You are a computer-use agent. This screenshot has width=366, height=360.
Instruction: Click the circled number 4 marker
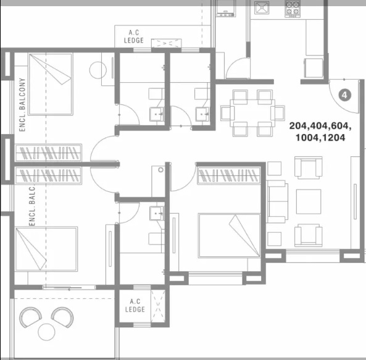pyautogui.click(x=344, y=95)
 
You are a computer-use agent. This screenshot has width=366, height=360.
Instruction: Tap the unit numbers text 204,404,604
pyautogui.click(x=320, y=126)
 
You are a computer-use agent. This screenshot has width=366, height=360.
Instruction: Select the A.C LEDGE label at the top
pyautogui.click(x=134, y=36)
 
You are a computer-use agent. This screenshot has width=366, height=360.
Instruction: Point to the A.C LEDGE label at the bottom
pyautogui.click(x=135, y=306)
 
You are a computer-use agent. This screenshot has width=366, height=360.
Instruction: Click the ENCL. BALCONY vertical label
pyautogui.click(x=22, y=105)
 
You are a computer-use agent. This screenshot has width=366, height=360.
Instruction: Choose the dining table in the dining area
pyautogui.click(x=252, y=113)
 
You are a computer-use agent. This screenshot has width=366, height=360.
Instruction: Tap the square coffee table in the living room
pyautogui.click(x=309, y=202)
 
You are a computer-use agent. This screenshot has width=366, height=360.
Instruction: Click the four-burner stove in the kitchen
pyautogui.click(x=293, y=9)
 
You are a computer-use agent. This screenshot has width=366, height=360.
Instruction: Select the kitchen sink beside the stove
pyautogui.click(x=262, y=8)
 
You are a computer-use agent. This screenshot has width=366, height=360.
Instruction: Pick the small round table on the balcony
pyautogui.click(x=46, y=332)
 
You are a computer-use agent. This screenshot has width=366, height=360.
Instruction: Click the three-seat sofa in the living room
pyautogui.click(x=278, y=201)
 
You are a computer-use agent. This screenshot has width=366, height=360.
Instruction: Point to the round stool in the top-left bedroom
pyautogui.click(x=98, y=70)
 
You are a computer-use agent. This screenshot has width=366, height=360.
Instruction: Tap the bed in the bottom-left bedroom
pyautogui.click(x=46, y=249)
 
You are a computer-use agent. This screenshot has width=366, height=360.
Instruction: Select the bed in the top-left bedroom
pyautogui.click(x=51, y=84)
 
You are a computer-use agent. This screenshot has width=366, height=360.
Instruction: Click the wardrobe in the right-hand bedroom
pyautogui.click(x=229, y=175)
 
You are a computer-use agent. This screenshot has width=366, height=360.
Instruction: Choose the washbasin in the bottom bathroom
pyautogui.click(x=157, y=213)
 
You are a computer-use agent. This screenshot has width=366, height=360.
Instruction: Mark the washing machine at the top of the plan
pyautogui.click(x=225, y=9)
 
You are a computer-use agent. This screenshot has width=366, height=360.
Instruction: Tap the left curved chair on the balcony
pyautogui.click(x=31, y=317)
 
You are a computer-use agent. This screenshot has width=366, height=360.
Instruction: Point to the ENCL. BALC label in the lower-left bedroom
pyautogui.click(x=32, y=206)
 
